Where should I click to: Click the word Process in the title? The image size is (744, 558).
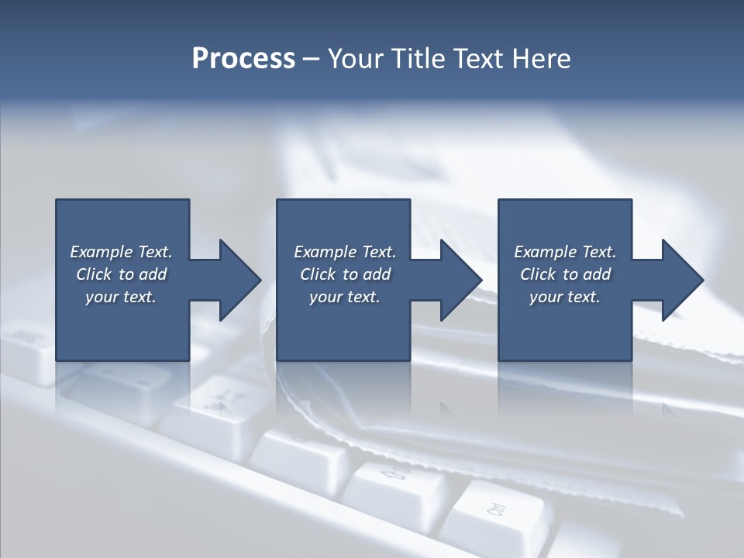(x=243, y=59)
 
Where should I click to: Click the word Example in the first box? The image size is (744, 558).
(x=102, y=252)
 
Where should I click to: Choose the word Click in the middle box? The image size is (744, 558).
(x=318, y=274)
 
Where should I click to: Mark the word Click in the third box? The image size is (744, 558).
(x=538, y=274)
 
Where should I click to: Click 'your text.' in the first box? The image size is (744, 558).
(x=121, y=297)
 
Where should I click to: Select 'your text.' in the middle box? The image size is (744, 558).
(x=345, y=297)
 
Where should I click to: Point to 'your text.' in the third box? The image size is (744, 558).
(x=565, y=297)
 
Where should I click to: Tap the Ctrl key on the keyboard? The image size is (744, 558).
(x=496, y=511)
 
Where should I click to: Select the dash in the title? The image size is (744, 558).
(x=312, y=60)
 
